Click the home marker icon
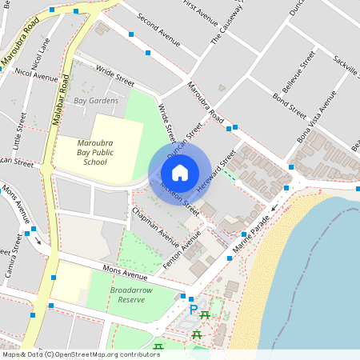pyautogui.click(x=180, y=172)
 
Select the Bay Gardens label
pyautogui.click(x=96, y=101)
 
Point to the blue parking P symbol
pyautogui.click(x=193, y=309)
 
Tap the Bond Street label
pyautogui.click(x=289, y=104)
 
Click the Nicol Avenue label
pyautogui.click(x=36, y=76)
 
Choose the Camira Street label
pyautogui.click(x=14, y=256)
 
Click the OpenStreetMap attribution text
pyautogui.click(x=80, y=354)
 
